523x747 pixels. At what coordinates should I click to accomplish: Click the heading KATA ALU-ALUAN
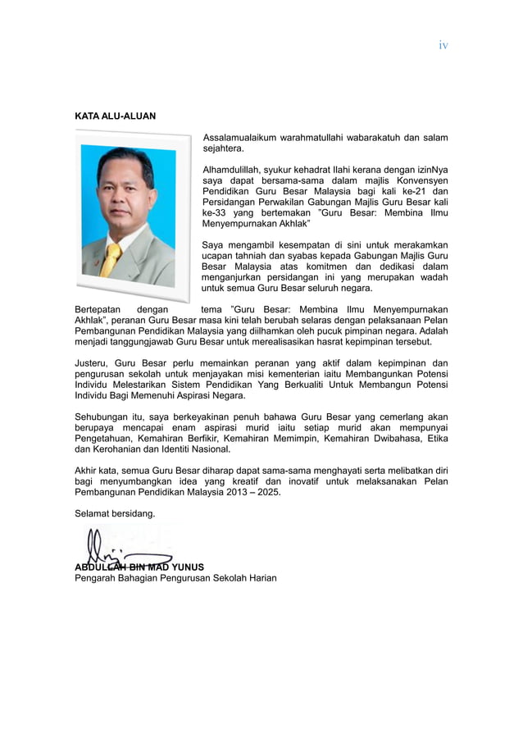pyautogui.click(x=115, y=116)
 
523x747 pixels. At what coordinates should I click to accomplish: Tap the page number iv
pyautogui.click(x=443, y=45)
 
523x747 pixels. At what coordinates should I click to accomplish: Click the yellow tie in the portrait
pyautogui.click(x=111, y=260)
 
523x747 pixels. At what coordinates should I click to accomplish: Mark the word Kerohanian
pyautogui.click(x=121, y=449)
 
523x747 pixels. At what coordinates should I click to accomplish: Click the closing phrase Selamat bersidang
pyautogui.click(x=115, y=513)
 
